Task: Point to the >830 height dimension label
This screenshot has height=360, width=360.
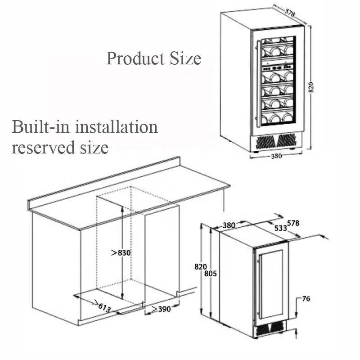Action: click(x=121, y=253)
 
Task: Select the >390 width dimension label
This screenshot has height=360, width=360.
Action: click(x=161, y=309)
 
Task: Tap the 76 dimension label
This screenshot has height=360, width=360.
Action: click(x=306, y=299)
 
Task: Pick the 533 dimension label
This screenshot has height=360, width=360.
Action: click(x=280, y=228)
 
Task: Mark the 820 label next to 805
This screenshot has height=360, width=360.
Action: click(x=200, y=266)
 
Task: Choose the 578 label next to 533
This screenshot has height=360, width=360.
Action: click(x=293, y=223)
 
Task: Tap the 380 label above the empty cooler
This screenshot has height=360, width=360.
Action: click(x=229, y=225)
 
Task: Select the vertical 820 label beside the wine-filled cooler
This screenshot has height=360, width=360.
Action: click(x=310, y=87)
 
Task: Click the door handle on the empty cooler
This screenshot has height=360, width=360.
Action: click(x=259, y=288)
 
